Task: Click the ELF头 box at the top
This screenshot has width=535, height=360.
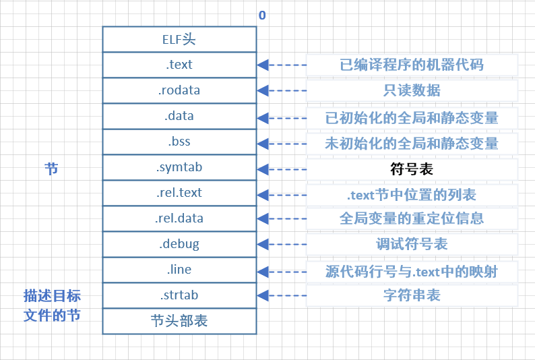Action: (179, 39)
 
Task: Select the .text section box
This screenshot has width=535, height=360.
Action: (179, 65)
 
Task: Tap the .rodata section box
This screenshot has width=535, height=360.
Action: (179, 90)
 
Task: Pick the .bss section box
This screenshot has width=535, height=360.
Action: (179, 142)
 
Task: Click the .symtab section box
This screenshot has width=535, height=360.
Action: (179, 167)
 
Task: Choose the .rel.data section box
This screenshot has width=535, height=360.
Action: (179, 218)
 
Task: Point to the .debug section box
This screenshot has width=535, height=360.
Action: (179, 244)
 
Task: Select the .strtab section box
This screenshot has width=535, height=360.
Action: (179, 295)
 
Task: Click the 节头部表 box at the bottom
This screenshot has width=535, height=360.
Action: (179, 321)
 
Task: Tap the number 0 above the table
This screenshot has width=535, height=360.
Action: (262, 15)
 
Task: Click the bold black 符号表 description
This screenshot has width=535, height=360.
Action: (412, 169)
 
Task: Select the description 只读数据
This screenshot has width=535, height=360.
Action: (412, 91)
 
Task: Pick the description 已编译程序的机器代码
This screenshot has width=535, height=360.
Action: (412, 65)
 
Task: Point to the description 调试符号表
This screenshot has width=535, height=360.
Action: (412, 245)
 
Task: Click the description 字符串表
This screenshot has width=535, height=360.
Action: (412, 296)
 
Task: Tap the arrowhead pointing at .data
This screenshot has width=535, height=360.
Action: (263, 117)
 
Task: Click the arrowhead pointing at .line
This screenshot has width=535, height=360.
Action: (263, 270)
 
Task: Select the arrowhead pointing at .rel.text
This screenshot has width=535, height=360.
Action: (263, 193)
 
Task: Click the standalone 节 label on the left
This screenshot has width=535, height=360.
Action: (51, 169)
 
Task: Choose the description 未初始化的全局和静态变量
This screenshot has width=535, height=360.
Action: (412, 143)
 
